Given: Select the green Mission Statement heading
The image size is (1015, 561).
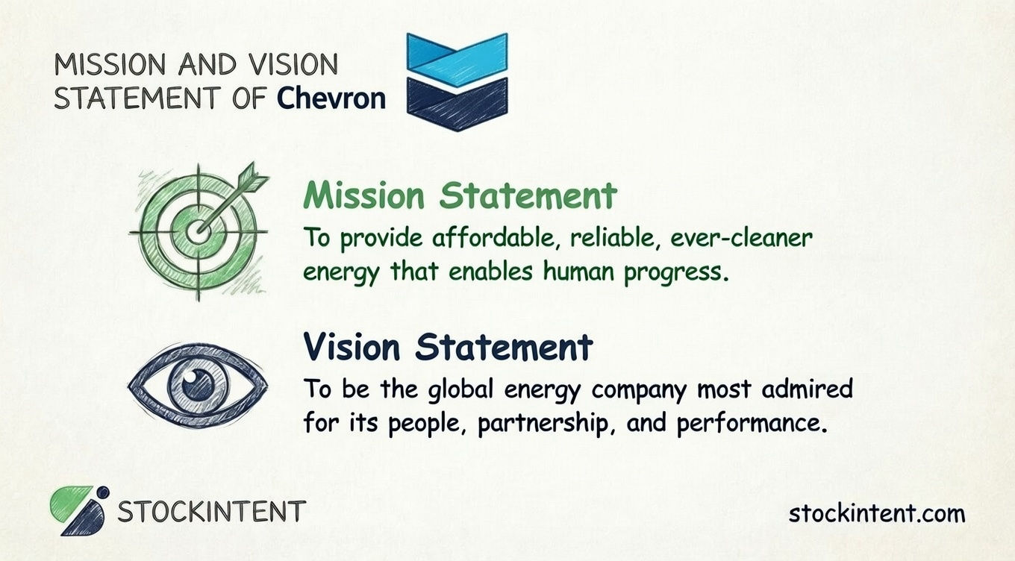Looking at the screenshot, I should (x=460, y=195).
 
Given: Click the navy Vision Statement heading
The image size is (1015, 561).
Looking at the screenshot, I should (x=448, y=347).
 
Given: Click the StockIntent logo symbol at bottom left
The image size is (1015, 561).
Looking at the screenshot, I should (x=79, y=510).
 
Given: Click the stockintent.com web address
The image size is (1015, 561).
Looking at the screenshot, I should (x=876, y=513).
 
